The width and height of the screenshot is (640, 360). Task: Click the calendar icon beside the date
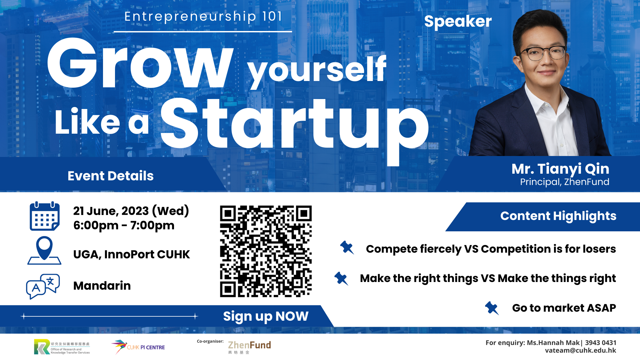coord(45,216)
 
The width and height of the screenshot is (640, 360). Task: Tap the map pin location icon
coord(44,250)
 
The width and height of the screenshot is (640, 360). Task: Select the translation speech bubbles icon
coord(43,286)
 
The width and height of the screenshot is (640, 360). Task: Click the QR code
coord(266,251)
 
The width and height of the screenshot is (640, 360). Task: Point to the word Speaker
coord(458,21)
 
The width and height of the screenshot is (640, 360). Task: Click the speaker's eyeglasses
coord(543,53)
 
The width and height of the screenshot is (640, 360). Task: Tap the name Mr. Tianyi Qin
coord(560,169)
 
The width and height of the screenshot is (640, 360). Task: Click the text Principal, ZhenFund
coord(565,182)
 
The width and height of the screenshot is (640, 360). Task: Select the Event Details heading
coord(111,176)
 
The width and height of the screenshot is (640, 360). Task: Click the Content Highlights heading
coord(558,216)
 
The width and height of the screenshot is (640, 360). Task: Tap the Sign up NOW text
coord(266,316)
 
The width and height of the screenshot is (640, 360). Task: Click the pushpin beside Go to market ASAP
coord(492,308)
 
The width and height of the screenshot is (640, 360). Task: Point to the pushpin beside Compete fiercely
coord(347,248)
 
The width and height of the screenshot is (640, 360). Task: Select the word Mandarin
coord(102,286)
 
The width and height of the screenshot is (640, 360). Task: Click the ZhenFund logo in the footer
coord(249,347)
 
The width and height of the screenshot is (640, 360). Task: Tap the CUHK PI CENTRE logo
coord(138,347)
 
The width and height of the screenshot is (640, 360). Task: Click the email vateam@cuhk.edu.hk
coord(580,350)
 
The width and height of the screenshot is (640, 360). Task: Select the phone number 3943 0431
coord(601,343)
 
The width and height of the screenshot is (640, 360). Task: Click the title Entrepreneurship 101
coord(203,16)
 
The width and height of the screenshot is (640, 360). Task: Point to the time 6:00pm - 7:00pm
coord(124,226)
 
